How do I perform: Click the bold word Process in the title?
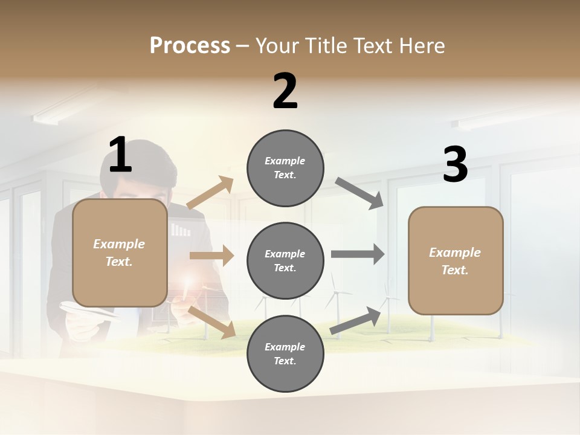tap(190, 46)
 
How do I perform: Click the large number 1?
tap(120, 155)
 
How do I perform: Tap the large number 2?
tap(285, 91)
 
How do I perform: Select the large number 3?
tap(455, 165)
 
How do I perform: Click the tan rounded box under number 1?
tap(120, 253)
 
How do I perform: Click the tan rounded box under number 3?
tap(456, 260)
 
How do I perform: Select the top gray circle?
tap(285, 168)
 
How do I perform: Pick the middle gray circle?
tap(285, 261)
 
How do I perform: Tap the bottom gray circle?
tap(285, 354)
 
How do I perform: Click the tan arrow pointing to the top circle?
tap(210, 193)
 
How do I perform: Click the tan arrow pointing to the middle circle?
tap(211, 256)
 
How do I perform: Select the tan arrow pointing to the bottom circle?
tap(212, 321)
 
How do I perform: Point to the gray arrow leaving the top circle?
tap(359, 193)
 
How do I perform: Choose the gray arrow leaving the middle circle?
tap(357, 254)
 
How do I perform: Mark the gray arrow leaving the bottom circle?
tap(356, 321)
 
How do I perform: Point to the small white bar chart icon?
tap(181, 230)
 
